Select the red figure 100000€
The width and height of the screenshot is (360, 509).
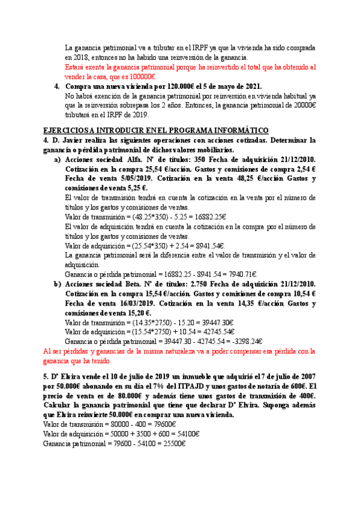(143, 76)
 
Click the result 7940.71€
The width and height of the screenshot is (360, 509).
(174, 274)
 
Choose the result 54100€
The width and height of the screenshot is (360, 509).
(184, 434)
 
